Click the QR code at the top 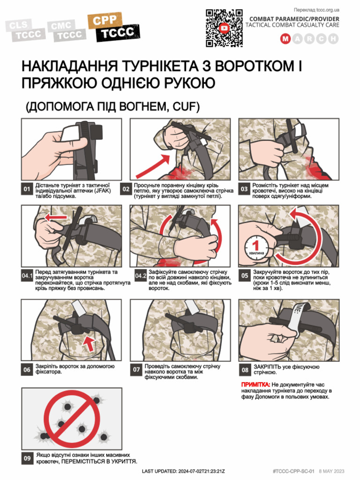pyautogui.click(x=225, y=28)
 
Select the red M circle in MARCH pyautogui.click(x=285, y=39)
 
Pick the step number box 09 pyautogui.click(x=27, y=458)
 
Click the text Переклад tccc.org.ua pyautogui.click(x=316, y=10)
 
